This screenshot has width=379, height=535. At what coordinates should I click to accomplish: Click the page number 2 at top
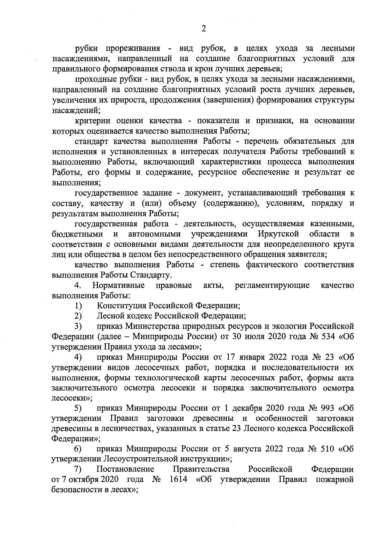pos(204,29)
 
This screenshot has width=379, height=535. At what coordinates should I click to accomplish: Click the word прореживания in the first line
pos(133,49)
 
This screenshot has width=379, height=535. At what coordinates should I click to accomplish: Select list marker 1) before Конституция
pos(78,306)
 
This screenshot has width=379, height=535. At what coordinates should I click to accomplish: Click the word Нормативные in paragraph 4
pos(118,286)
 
